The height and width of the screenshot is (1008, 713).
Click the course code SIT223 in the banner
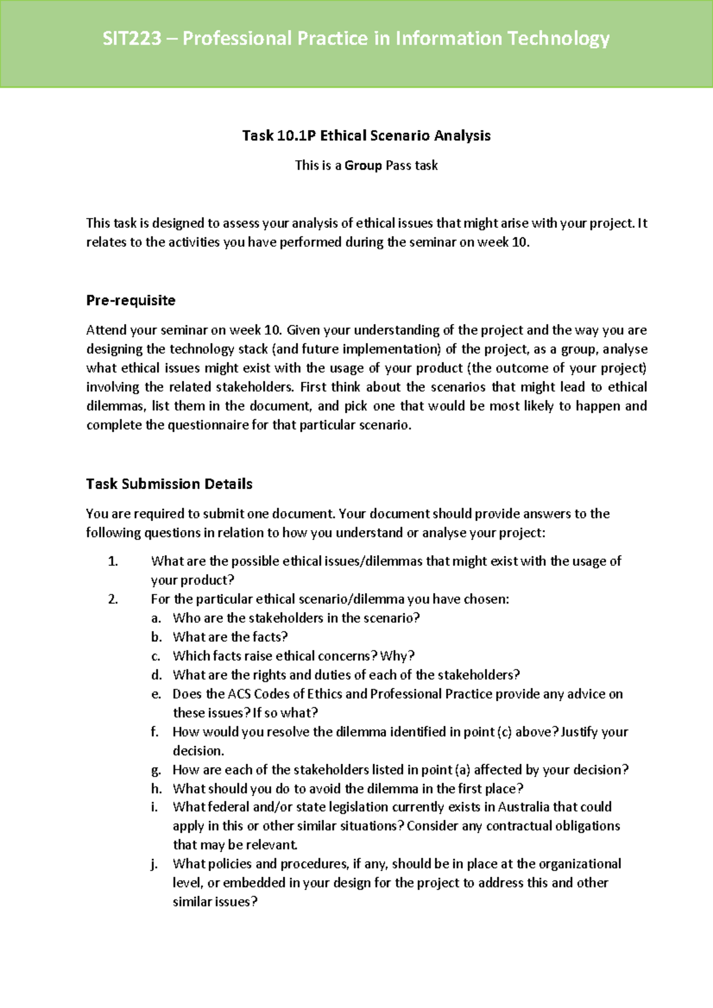(132, 39)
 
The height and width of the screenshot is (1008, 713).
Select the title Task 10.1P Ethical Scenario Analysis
(366, 136)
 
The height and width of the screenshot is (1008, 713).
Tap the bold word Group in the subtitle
(363, 166)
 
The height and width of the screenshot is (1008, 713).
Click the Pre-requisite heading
(131, 300)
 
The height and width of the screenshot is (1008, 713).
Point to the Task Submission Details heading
(169, 484)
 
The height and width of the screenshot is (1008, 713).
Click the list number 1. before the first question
(113, 561)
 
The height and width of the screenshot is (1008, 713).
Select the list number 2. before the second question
(113, 599)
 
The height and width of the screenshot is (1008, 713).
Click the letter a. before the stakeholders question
(156, 618)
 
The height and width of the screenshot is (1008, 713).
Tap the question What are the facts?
(230, 637)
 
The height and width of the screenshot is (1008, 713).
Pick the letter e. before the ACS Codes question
(156, 694)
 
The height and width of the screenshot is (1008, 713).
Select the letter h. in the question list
(156, 789)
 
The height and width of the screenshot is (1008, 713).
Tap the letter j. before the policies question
(154, 864)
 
